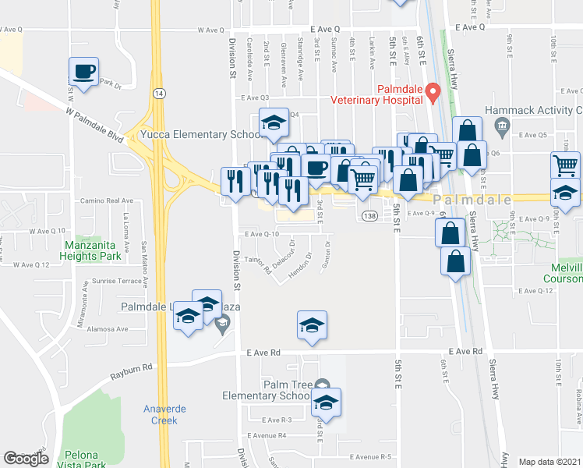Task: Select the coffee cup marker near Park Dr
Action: [x=84, y=73]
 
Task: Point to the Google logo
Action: [x=26, y=459]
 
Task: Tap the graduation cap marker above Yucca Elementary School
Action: [x=274, y=123]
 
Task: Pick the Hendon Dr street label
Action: [x=299, y=266]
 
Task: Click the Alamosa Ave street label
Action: [x=108, y=330]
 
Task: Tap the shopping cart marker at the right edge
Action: [x=565, y=165]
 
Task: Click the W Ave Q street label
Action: [x=210, y=30]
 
